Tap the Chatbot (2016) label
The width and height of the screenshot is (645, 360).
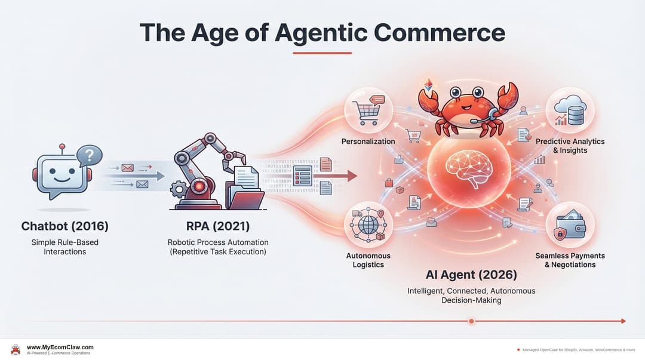64,226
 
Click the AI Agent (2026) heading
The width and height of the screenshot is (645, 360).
471,275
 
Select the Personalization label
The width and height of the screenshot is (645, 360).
368,141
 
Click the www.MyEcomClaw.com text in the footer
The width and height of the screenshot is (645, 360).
60,347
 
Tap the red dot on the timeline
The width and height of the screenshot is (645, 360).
471,321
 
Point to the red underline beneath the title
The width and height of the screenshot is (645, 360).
322,53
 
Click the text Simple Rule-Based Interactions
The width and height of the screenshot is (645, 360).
64,247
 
